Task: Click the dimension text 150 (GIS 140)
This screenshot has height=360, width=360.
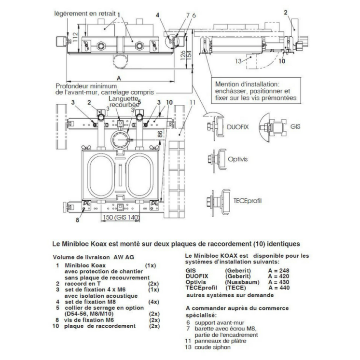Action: [x=116, y=218]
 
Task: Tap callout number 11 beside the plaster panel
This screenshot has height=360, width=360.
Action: [x=192, y=102]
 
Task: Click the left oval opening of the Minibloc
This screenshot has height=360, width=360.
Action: [x=103, y=177]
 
